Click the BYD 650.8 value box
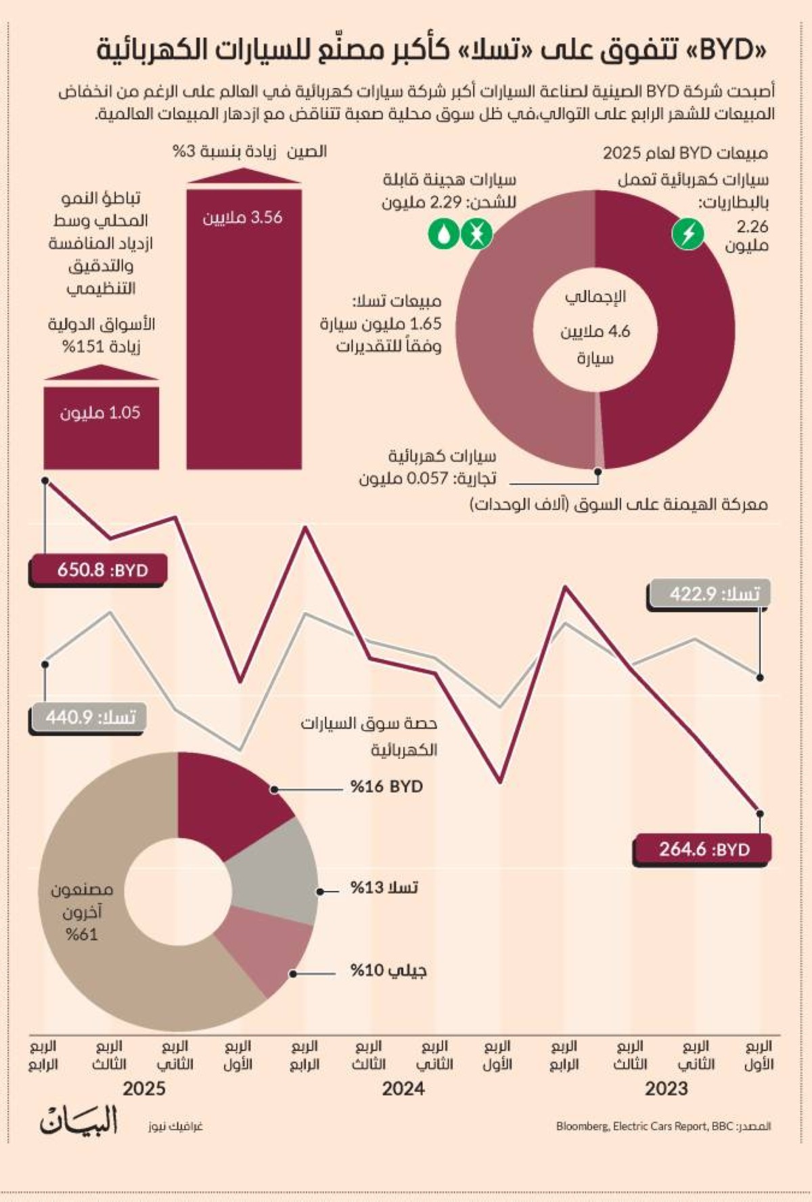click(x=99, y=570)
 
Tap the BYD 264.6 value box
click(x=702, y=850)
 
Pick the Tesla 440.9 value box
click(x=88, y=718)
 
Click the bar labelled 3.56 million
click(x=244, y=328)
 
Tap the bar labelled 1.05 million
click(x=101, y=426)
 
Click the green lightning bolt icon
click(x=687, y=234)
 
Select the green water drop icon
click(x=443, y=235)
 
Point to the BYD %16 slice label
click(x=386, y=787)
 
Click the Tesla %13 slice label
click(x=384, y=887)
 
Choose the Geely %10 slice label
click(x=388, y=971)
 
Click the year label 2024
click(x=403, y=1089)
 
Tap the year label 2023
click(x=666, y=1089)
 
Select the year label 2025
click(x=144, y=1089)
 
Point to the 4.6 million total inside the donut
click(x=595, y=331)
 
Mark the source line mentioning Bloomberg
click(x=663, y=1126)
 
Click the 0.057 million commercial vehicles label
click(x=428, y=468)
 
